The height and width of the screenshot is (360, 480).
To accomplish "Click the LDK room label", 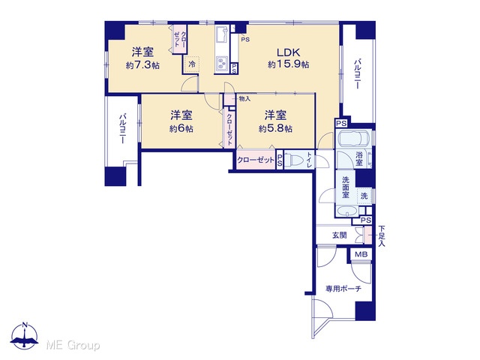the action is [x=288, y=52].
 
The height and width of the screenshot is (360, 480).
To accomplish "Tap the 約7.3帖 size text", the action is [x=142, y=65].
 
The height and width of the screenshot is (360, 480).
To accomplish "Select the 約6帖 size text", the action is [x=181, y=128].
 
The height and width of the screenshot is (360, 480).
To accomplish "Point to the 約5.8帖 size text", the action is [x=275, y=128].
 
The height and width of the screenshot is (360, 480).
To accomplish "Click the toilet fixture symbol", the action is [x=295, y=160].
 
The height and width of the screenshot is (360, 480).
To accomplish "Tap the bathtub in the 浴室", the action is [x=353, y=139].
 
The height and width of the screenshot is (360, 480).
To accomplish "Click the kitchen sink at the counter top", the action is [x=222, y=35].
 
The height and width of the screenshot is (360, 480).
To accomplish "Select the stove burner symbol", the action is [x=222, y=64].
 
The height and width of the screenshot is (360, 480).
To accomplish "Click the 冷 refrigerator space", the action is [x=192, y=64].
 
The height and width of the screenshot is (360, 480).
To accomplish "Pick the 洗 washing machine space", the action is [x=364, y=196].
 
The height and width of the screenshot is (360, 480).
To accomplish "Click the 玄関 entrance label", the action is [x=340, y=235].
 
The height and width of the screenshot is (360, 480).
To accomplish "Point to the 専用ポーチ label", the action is [x=343, y=289].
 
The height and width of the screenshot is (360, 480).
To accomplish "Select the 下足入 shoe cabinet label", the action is [x=382, y=235].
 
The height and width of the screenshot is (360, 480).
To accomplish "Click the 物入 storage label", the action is [x=245, y=98].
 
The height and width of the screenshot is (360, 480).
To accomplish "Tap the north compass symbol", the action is [x=25, y=335].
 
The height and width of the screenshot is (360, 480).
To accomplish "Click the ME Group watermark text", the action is [x=73, y=346].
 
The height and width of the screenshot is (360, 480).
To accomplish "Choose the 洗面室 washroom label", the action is [x=346, y=187].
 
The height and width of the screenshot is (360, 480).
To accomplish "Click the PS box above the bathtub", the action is [x=342, y=124].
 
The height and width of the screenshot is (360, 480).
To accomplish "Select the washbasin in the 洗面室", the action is [x=346, y=211].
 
